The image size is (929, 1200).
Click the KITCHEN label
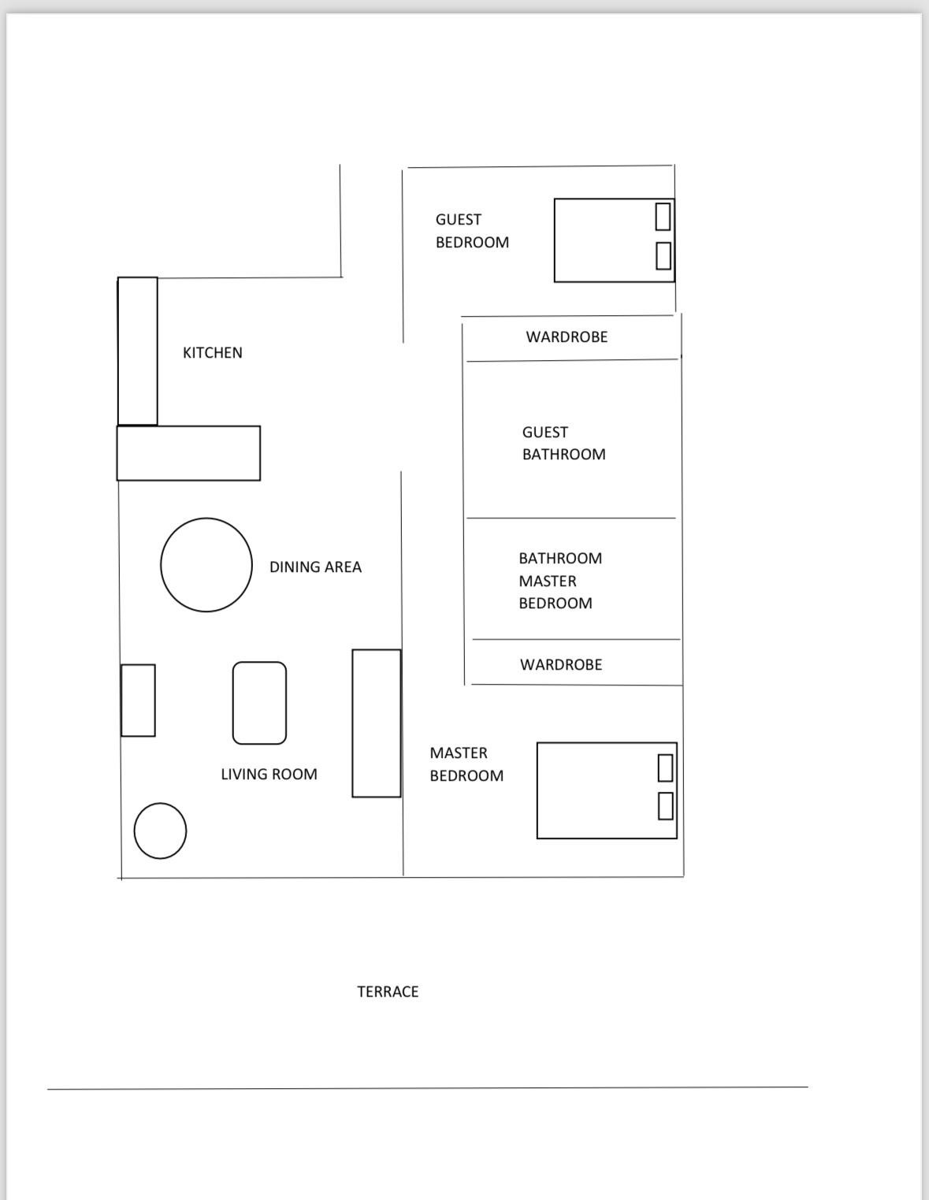(x=213, y=352)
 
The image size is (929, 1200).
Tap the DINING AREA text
(x=315, y=567)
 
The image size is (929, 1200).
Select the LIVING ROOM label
(x=269, y=774)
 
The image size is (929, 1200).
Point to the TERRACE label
(x=388, y=991)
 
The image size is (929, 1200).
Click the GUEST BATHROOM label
(x=563, y=443)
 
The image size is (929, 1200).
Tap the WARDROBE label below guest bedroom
(x=567, y=336)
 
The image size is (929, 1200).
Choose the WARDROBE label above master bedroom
(x=561, y=664)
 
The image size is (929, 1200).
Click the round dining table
(x=206, y=564)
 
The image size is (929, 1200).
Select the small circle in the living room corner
(x=160, y=830)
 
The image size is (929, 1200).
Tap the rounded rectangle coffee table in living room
(x=259, y=703)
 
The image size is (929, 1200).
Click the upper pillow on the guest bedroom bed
(x=663, y=216)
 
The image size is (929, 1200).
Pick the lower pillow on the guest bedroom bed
(x=663, y=255)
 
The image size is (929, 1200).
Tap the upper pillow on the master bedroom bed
(x=665, y=767)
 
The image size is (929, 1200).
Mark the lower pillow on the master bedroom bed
(x=665, y=805)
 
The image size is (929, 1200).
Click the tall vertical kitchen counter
(x=137, y=351)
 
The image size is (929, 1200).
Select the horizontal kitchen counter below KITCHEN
(x=188, y=453)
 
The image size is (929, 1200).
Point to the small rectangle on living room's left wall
(x=138, y=700)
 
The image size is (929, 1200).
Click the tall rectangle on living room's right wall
(x=377, y=723)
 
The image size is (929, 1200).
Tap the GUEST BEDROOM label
(x=472, y=231)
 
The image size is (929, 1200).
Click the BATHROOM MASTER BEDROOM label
(x=559, y=581)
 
